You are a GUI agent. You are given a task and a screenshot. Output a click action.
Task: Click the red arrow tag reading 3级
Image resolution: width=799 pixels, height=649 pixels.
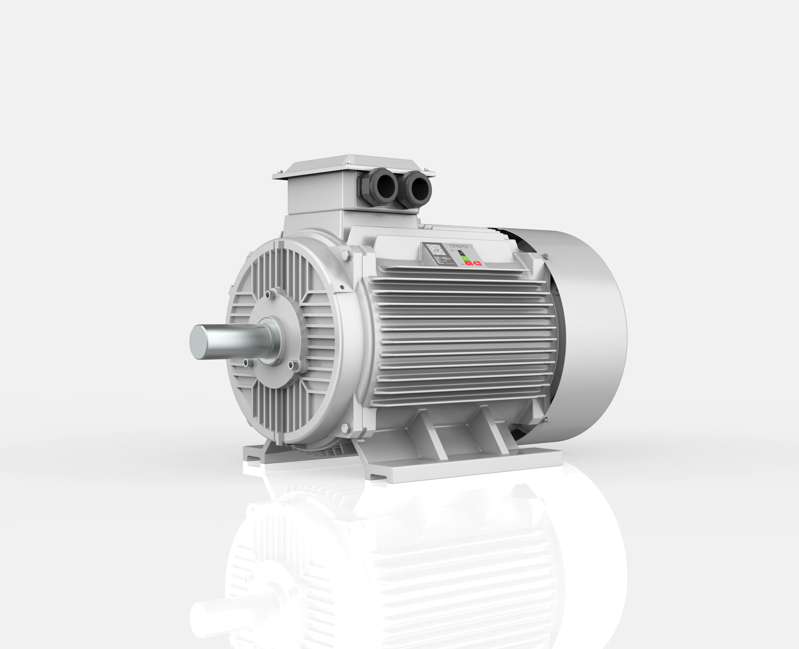point(478,264)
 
